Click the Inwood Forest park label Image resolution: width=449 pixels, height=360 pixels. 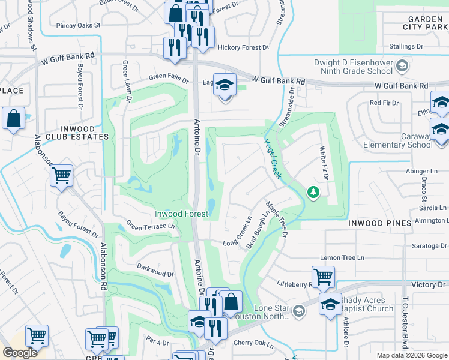pos(181,214)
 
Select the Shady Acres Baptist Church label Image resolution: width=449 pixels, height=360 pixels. pos(366,304)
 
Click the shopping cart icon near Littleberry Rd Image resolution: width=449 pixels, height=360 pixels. pos(323,276)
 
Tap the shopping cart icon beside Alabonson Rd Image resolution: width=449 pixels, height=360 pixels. pos(61,176)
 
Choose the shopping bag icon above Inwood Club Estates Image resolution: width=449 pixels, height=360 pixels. pos(13,118)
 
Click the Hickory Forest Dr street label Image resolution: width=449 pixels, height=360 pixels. pos(243,47)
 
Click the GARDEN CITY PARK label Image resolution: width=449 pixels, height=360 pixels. pos(423,22)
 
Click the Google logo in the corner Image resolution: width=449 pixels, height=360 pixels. pos(20,353)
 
